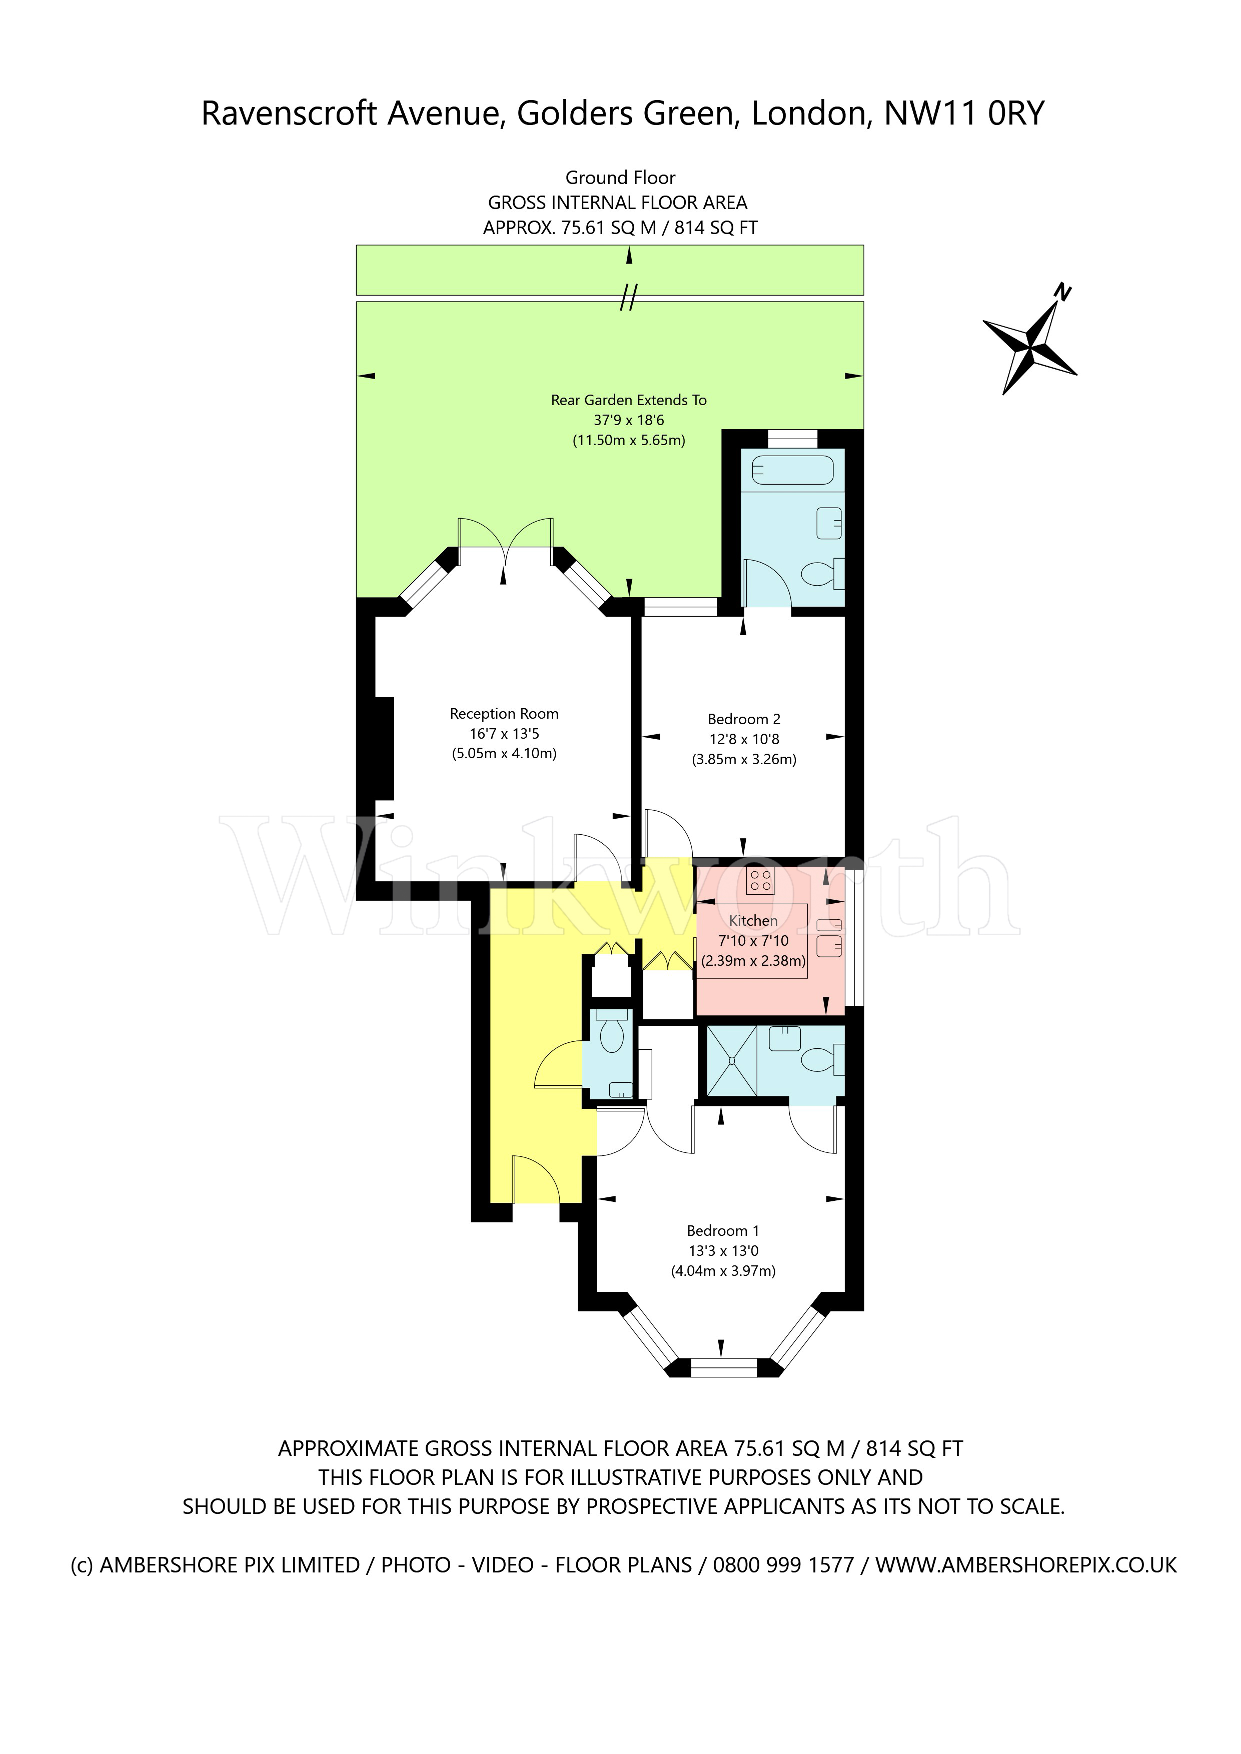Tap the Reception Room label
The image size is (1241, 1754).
(504, 714)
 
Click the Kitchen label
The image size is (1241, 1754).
(753, 921)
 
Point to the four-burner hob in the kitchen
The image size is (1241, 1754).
(760, 880)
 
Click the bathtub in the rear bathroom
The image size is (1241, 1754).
(792, 469)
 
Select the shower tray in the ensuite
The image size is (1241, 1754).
(731, 1060)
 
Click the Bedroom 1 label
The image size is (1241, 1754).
(722, 1231)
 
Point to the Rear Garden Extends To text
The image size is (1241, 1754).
(628, 400)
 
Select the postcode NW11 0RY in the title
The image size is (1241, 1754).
(963, 113)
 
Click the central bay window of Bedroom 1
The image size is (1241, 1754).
(723, 1367)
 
